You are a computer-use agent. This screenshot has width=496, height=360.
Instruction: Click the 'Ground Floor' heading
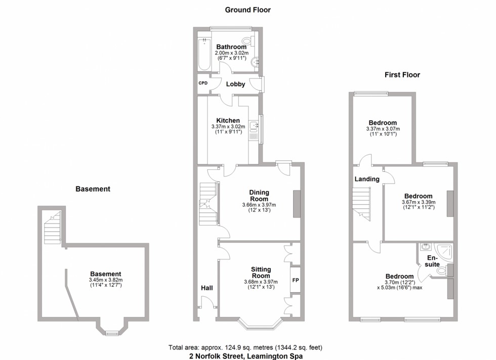tap(247, 10)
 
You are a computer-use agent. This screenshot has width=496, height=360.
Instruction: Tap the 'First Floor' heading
tap(402, 75)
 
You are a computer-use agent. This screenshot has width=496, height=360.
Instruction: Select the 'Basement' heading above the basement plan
tap(93, 189)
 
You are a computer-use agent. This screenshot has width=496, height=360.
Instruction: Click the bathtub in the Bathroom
tap(203, 54)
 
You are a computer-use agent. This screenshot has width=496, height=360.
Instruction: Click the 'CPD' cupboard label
tap(203, 83)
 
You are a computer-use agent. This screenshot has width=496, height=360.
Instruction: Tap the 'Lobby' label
tap(235, 84)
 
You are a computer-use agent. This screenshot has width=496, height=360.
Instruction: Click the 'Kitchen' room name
tap(228, 120)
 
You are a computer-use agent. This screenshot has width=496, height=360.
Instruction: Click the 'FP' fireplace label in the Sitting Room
tap(295, 279)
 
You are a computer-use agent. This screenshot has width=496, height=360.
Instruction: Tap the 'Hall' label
tap(206, 288)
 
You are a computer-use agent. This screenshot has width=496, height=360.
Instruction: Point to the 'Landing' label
tap(367, 179)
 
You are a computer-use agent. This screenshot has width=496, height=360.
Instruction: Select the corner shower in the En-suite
tap(444, 251)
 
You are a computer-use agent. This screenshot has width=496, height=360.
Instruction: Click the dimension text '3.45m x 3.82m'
tap(106, 280)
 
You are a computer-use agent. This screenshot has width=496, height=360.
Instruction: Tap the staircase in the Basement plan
tap(53, 228)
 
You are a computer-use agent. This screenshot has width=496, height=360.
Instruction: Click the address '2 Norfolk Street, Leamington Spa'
tap(245, 355)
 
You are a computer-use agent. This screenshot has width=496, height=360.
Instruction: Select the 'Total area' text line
tap(245, 347)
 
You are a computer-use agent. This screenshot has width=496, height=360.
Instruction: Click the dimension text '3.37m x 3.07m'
tap(383, 129)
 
